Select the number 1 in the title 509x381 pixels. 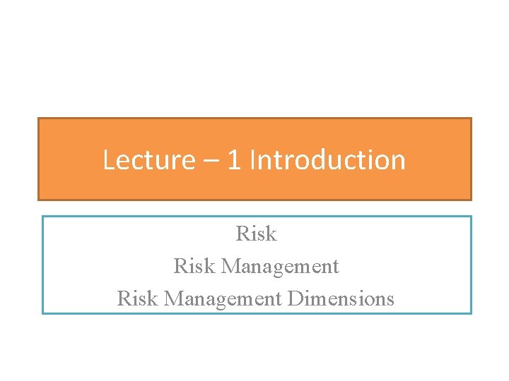pos(234,160)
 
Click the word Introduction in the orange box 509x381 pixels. pos(328,160)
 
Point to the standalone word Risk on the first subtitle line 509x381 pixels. pos(256,234)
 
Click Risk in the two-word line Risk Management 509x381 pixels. pos(194,266)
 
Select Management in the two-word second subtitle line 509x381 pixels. pos(280,267)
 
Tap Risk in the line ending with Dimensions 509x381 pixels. pos(137,298)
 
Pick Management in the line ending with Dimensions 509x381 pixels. pos(223,299)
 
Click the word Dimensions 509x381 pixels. pos(341,298)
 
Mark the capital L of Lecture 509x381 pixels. pos(108,160)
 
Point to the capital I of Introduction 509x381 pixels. pos(253,160)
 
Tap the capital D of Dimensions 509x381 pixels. pos(293,298)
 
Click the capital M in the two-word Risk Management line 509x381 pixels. pos(229,266)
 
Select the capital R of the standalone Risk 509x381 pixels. pos(242,234)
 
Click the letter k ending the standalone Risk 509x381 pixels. pos(271,234)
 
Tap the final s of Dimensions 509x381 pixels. pos(390,299)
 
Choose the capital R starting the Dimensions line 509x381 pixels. pos(124,298)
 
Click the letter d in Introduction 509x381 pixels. pos(312,160)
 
